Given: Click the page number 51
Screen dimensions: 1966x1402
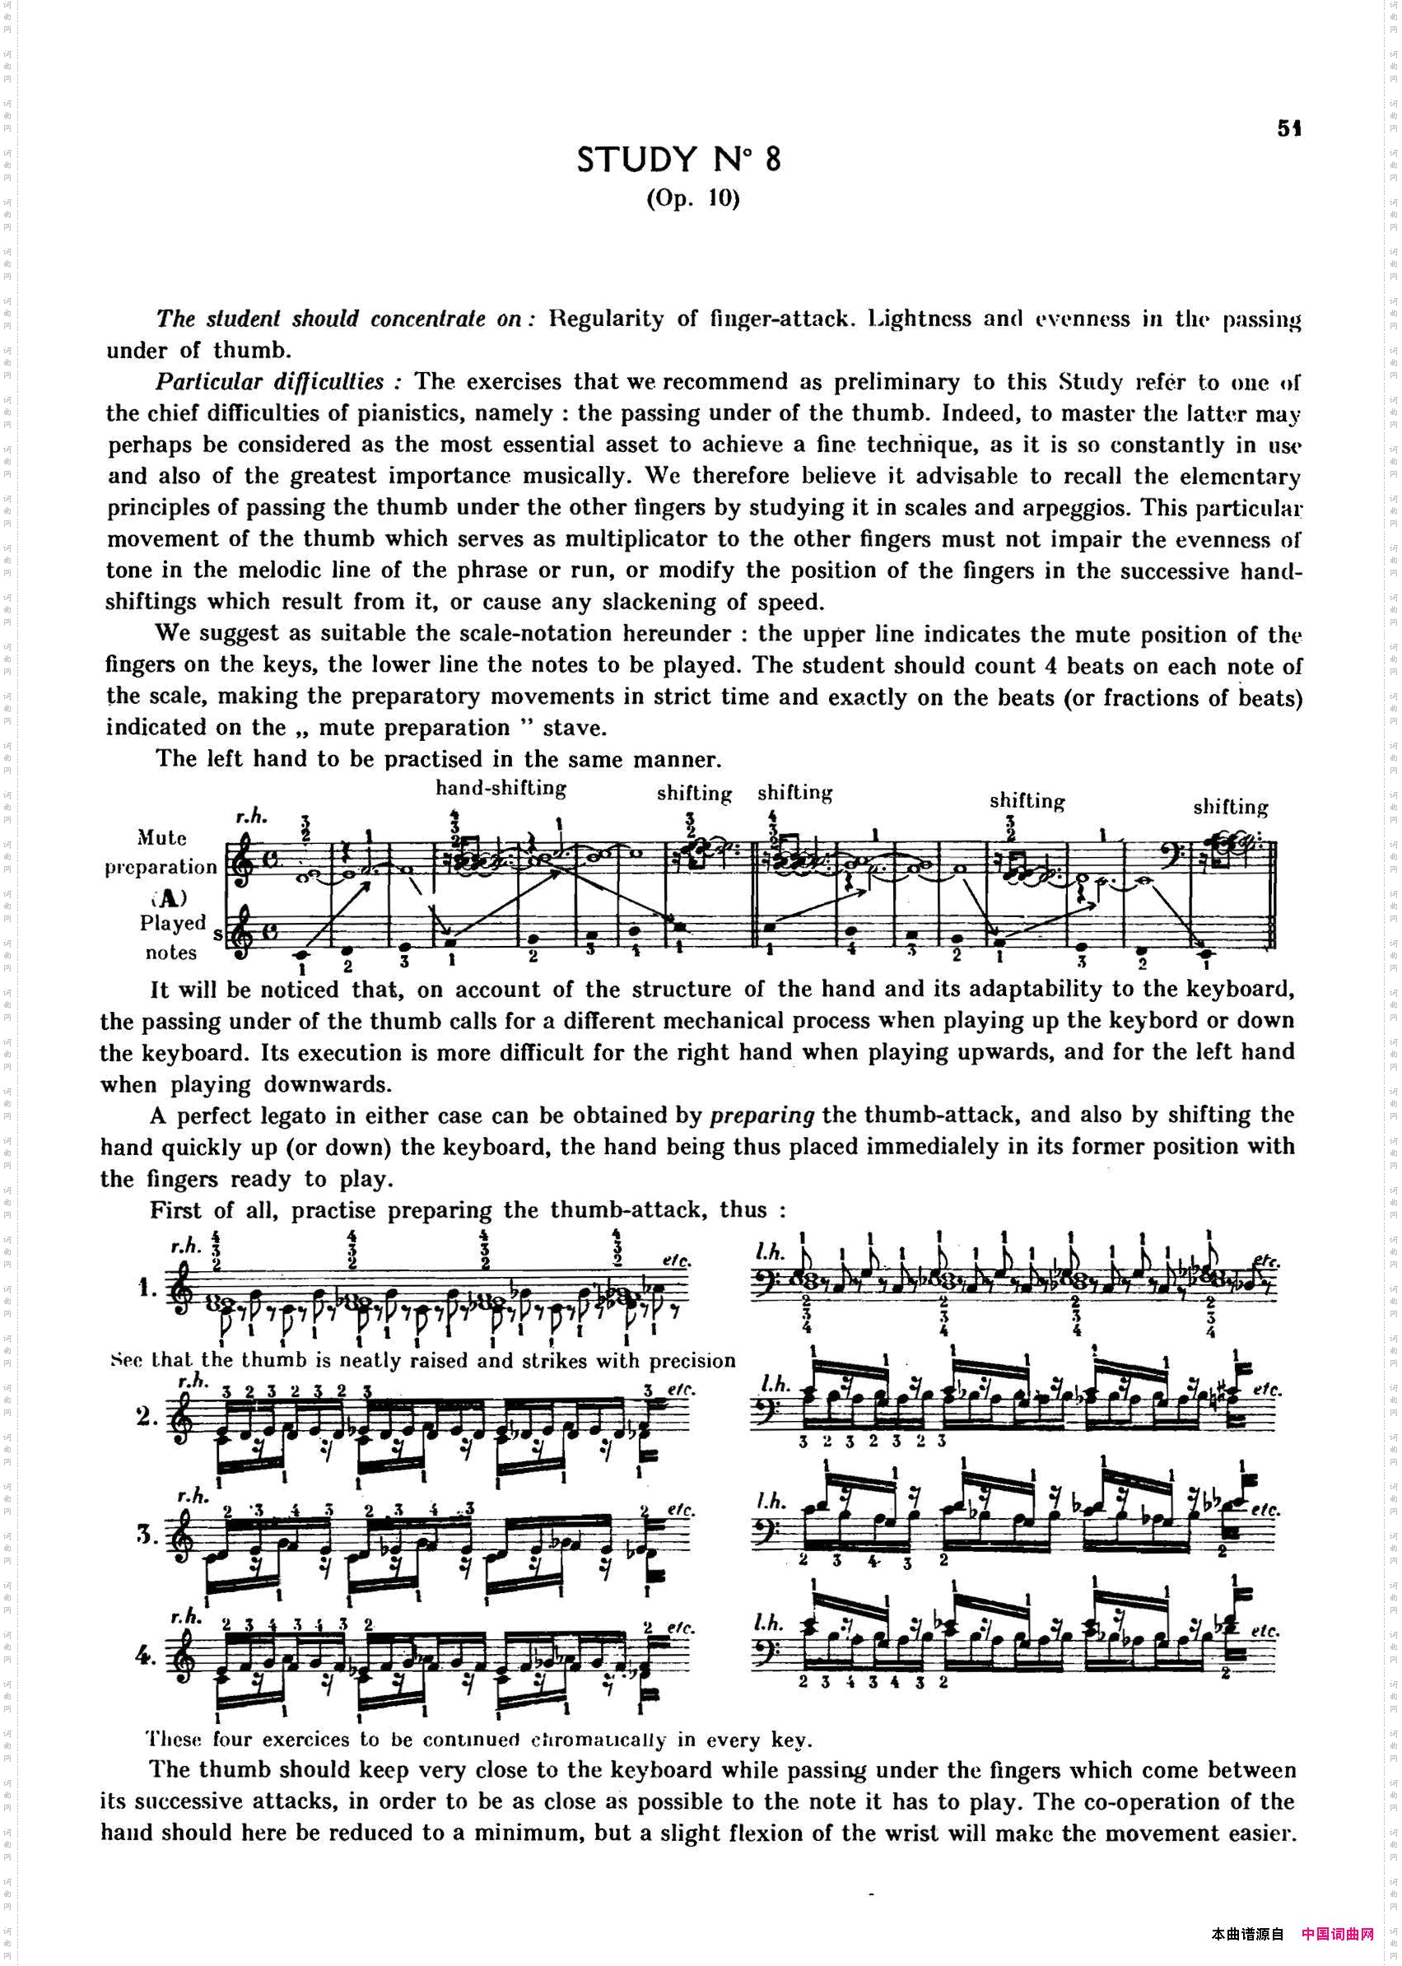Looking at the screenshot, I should tap(1289, 128).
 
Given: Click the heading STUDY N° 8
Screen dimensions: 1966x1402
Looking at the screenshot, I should tap(678, 160).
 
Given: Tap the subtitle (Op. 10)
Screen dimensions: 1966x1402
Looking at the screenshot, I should tap(693, 198).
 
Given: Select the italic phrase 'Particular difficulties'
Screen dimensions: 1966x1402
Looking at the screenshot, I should tap(269, 382).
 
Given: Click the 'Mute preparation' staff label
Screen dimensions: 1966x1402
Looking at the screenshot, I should tap(161, 852).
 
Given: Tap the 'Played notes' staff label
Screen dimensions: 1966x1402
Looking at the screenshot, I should tap(172, 938).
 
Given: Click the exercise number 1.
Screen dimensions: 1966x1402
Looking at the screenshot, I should tap(146, 1288).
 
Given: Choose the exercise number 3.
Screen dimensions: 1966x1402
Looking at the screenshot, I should tap(146, 1534).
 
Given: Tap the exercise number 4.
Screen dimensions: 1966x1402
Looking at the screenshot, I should tap(146, 1654).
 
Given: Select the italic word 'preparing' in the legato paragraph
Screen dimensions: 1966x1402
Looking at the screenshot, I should tap(762, 1116).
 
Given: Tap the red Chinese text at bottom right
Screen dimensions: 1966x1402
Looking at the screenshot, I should tap(1336, 1934).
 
